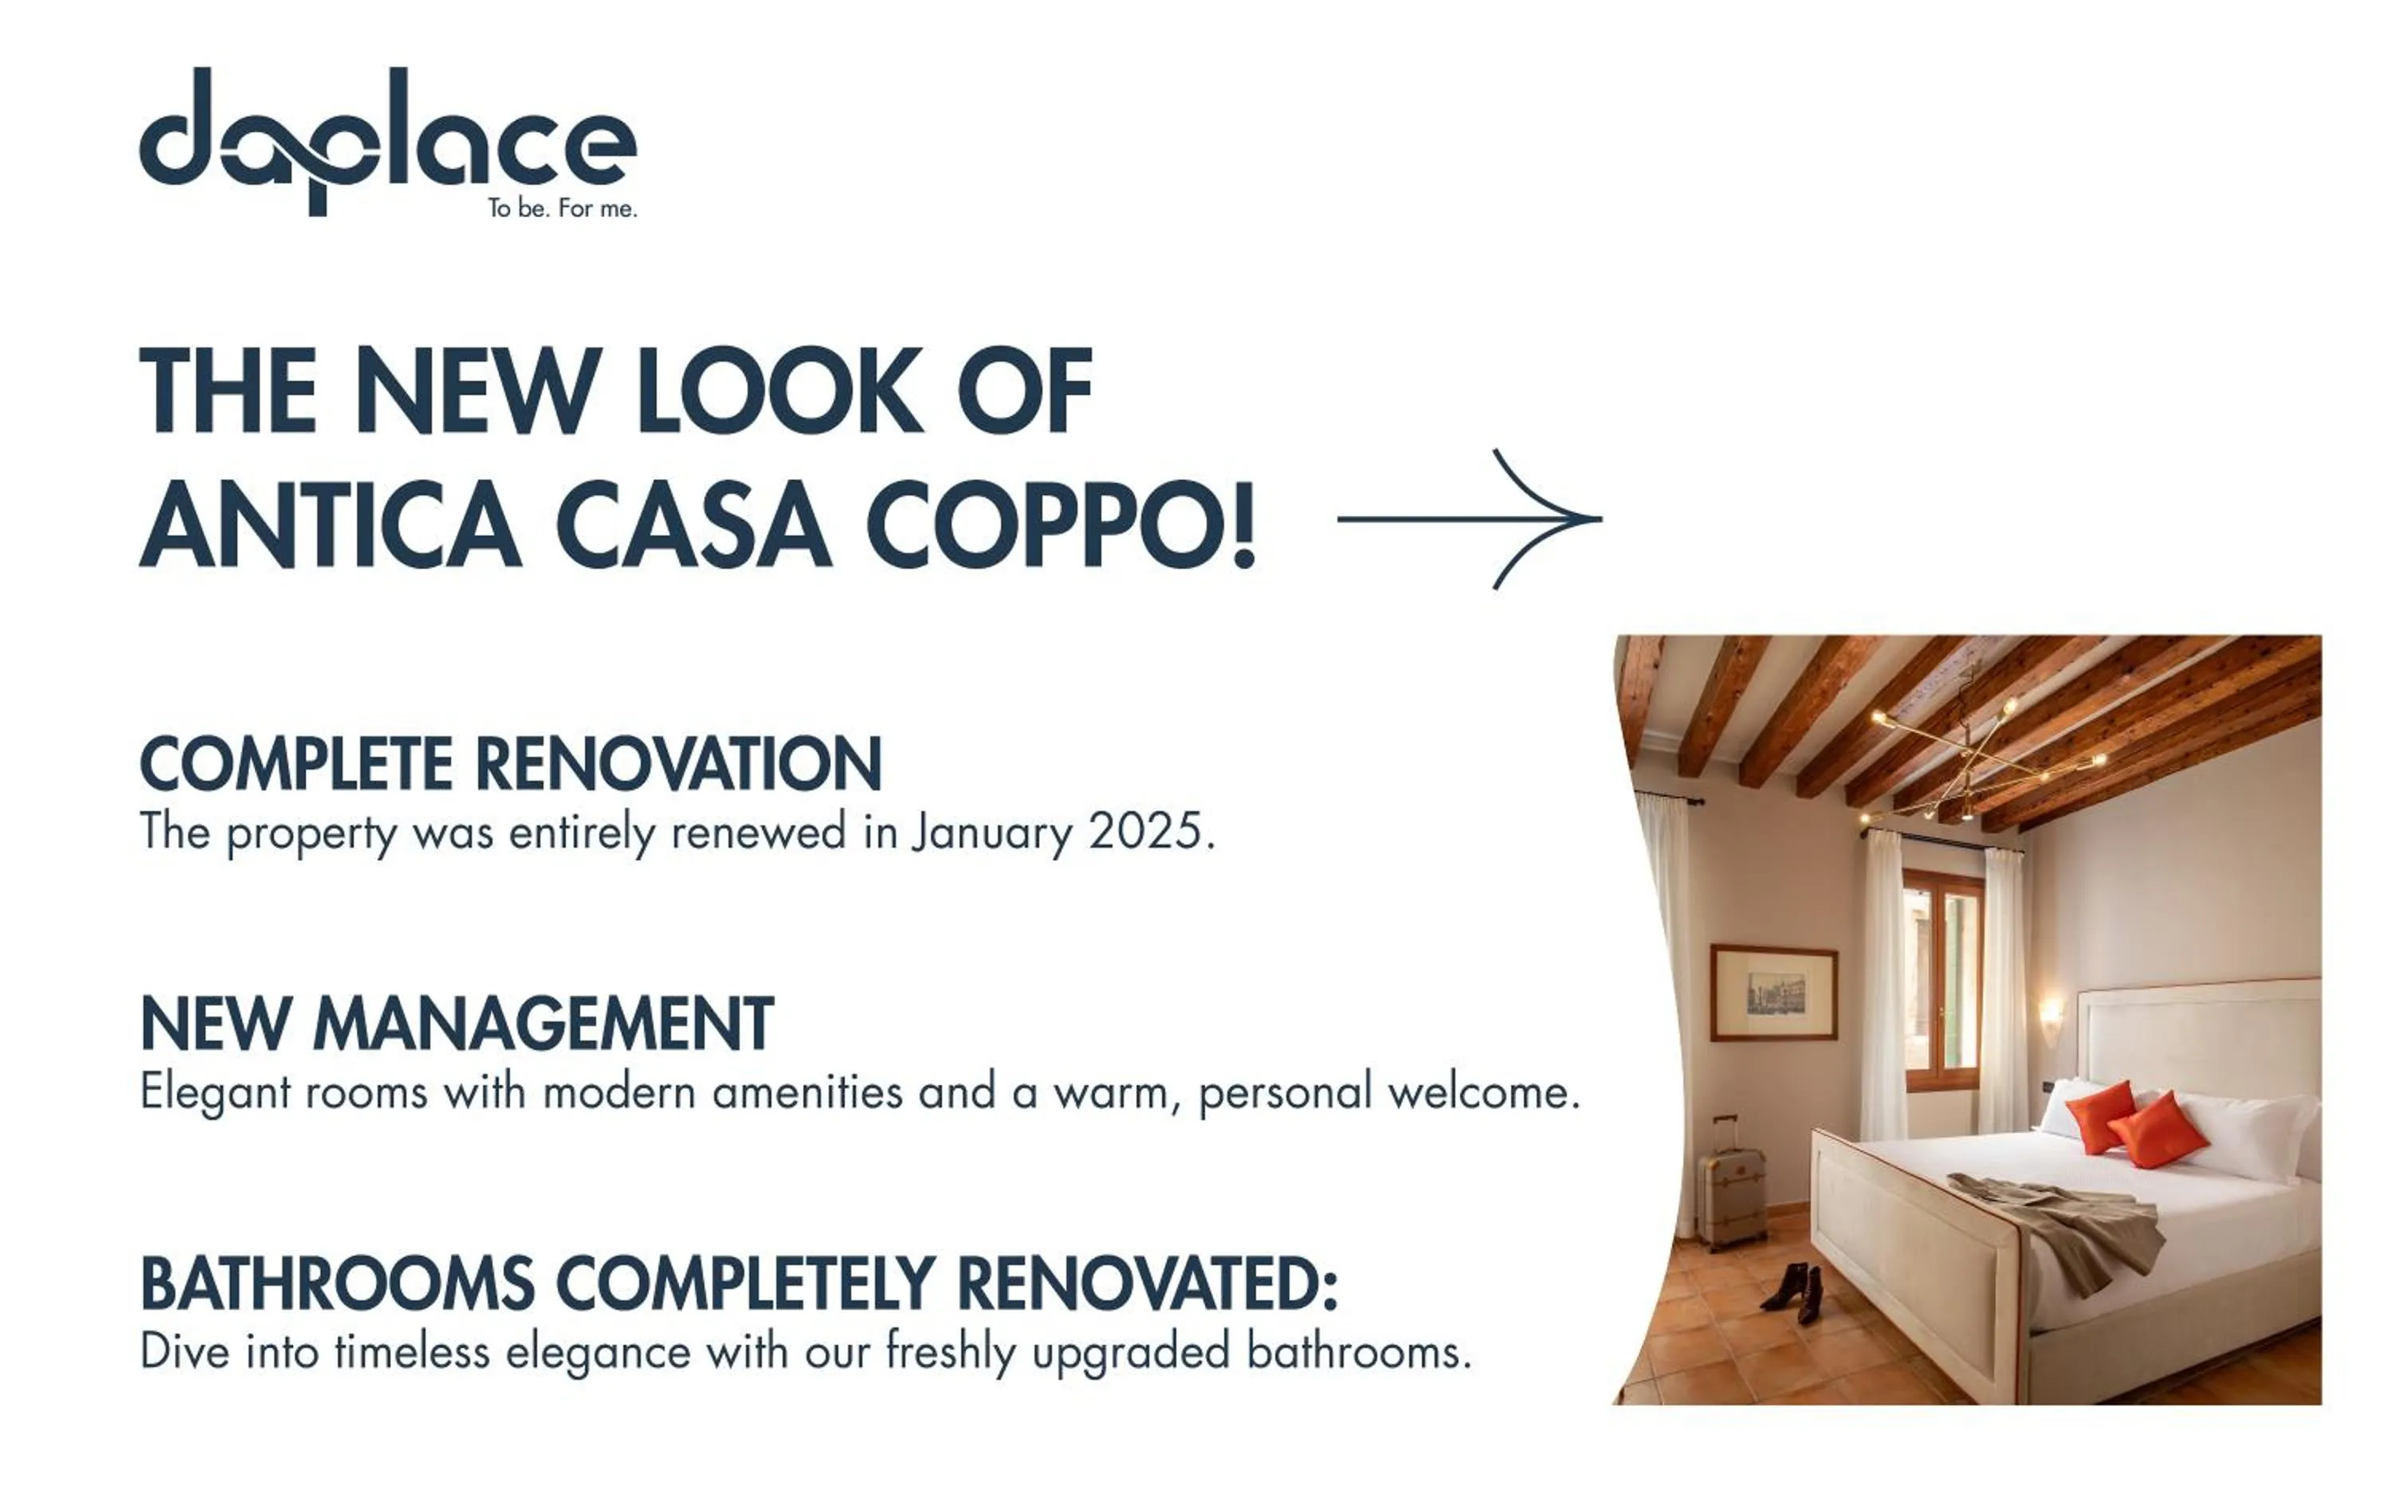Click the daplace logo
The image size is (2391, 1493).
click(x=387, y=139)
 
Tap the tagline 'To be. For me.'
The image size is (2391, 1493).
click(x=562, y=209)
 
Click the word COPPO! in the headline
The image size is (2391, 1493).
click(x=1061, y=524)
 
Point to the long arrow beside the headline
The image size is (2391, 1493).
click(x=1470, y=519)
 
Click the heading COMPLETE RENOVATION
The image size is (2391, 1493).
click(x=511, y=763)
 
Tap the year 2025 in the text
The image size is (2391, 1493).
click(x=1144, y=832)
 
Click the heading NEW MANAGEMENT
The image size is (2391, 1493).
click(x=457, y=1024)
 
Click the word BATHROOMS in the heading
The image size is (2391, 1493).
click(x=338, y=1283)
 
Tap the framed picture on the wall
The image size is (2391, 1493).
click(x=1774, y=993)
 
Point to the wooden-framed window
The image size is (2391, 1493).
click(x=1942, y=978)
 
